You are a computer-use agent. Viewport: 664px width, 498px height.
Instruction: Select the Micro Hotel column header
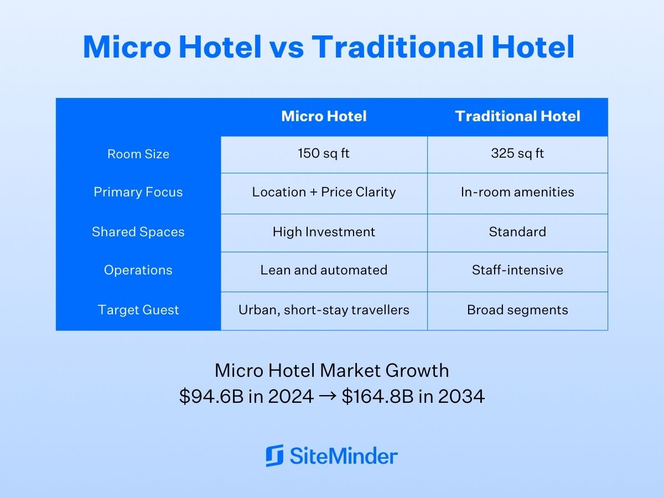click(x=324, y=116)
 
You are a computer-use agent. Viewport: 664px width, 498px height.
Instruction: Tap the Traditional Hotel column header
click(x=517, y=116)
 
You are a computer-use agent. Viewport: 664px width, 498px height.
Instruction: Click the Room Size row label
click(x=138, y=154)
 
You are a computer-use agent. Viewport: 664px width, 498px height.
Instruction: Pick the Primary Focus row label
click(x=138, y=192)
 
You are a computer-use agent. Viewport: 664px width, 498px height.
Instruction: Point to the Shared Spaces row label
click(x=138, y=232)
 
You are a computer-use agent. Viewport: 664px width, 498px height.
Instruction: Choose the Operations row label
click(x=138, y=270)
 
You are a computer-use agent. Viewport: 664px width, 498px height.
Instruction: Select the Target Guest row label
click(x=138, y=310)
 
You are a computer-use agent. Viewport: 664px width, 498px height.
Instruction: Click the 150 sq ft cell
click(x=324, y=153)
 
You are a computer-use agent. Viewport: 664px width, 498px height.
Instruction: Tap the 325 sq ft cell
click(x=517, y=153)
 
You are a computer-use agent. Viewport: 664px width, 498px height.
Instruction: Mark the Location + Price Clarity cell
click(x=324, y=192)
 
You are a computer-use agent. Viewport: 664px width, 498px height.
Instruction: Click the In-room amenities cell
click(x=517, y=192)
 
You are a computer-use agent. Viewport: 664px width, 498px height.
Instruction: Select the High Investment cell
click(x=324, y=232)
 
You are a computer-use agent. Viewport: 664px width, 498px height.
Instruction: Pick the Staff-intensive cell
click(x=517, y=270)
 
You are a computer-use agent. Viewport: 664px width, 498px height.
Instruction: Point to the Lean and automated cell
click(x=324, y=270)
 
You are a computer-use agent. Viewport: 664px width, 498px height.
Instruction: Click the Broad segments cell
click(x=517, y=310)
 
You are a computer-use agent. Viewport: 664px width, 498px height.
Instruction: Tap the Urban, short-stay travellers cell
click(x=324, y=310)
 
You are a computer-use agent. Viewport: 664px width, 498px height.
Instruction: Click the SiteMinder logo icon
click(x=274, y=455)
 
